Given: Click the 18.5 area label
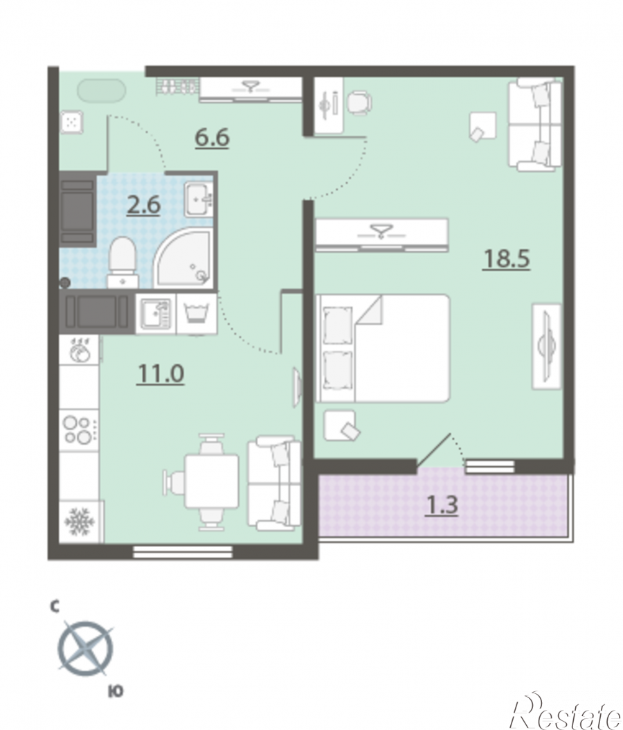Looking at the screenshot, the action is coord(507,259).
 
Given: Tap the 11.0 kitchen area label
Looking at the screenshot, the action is coord(161,374).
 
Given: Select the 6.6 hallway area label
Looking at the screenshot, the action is coord(212,138).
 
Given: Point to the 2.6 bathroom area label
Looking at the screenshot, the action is coord(144,205).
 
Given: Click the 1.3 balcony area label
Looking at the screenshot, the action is coord(442,505).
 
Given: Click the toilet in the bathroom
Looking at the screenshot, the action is coord(123,262).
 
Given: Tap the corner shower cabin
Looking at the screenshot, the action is coord(183,258).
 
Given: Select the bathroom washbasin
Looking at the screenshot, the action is coord(199,199).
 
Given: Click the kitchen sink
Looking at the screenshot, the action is coord(156,313).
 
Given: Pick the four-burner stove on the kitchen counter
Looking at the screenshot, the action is coord(79,431).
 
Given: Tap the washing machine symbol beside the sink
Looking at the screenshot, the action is coord(197,313).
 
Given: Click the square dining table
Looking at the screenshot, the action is coord(212,481).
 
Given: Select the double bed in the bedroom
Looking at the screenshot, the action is coord(383,348).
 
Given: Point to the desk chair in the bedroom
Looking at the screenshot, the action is coord(359,103).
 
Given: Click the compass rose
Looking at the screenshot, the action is coord(86,648).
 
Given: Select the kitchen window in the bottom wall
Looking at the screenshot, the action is coord(183,552).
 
